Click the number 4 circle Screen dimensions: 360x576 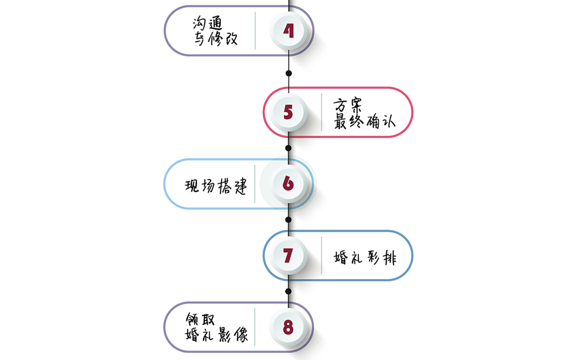pyautogui.click(x=289, y=31)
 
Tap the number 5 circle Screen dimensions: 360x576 pyautogui.click(x=289, y=113)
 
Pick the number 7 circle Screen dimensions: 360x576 pyautogui.click(x=289, y=255)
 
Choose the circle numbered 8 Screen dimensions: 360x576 pyautogui.click(x=289, y=327)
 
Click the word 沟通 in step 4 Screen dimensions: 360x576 pyautogui.click(x=206, y=23)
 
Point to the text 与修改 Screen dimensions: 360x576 pyautogui.click(x=215, y=39)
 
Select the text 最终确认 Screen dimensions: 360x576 pyautogui.click(x=365, y=121)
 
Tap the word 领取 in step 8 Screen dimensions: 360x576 pyautogui.click(x=201, y=319)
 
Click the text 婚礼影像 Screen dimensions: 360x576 pyautogui.click(x=217, y=335)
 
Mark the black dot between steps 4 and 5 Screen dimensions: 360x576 pyautogui.click(x=289, y=73)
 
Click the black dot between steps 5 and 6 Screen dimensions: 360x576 pyautogui.click(x=289, y=148)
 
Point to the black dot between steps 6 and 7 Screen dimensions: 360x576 pyautogui.click(x=289, y=219)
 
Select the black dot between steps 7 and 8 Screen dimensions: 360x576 pyautogui.click(x=289, y=291)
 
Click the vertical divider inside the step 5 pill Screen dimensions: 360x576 pyautogui.click(x=322, y=113)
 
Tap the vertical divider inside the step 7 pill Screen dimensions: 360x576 pyautogui.click(x=322, y=255)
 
